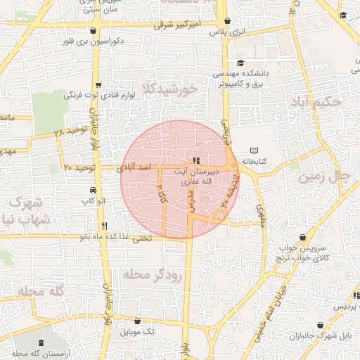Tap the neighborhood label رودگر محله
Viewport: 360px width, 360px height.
pos(151,274)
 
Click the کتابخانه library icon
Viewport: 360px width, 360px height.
pos(255,151)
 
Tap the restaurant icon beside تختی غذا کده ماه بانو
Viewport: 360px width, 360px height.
pos(105,226)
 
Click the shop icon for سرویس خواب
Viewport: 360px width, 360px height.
pos(303,238)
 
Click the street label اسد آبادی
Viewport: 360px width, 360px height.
pos(136,167)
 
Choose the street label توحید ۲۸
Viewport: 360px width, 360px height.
pos(70,131)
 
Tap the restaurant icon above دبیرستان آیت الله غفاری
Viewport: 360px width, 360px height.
pos(195,161)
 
